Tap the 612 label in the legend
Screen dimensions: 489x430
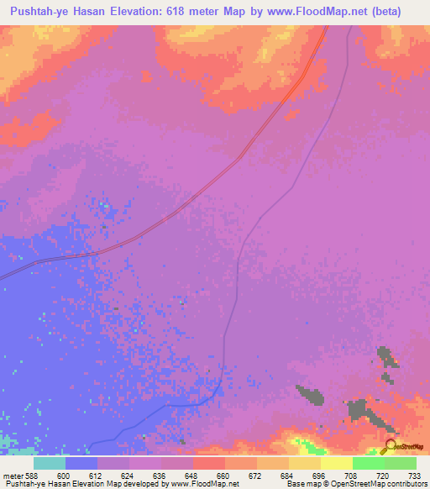[x=97, y=475]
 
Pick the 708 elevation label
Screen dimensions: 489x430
[x=352, y=475]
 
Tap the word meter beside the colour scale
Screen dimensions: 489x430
[x=11, y=475]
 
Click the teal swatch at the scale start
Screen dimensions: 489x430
[x=49, y=463]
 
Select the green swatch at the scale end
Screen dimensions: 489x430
[x=400, y=463]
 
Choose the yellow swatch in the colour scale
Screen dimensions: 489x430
[x=336, y=463]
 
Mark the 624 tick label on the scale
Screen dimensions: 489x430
[x=129, y=475]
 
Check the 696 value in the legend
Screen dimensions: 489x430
[x=320, y=475]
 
